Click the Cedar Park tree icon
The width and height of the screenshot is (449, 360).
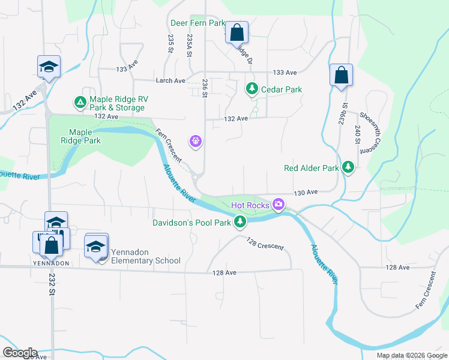point(252,89)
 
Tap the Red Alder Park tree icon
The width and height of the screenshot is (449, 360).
point(348,167)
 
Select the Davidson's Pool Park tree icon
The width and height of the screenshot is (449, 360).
point(241,223)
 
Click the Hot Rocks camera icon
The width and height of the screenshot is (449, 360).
point(278,205)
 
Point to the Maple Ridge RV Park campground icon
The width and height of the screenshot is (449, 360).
point(79,103)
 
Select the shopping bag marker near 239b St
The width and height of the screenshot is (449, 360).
point(341,76)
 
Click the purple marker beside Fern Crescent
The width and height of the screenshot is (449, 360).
point(195,142)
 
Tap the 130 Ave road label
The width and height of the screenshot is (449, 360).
point(306,193)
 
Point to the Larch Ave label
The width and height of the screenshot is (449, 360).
point(170,80)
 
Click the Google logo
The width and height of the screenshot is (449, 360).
point(20,353)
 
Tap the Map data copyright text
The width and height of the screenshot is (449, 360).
point(412,355)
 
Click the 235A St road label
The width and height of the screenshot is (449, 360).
point(189,45)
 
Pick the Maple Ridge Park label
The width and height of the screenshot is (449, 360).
point(85,136)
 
